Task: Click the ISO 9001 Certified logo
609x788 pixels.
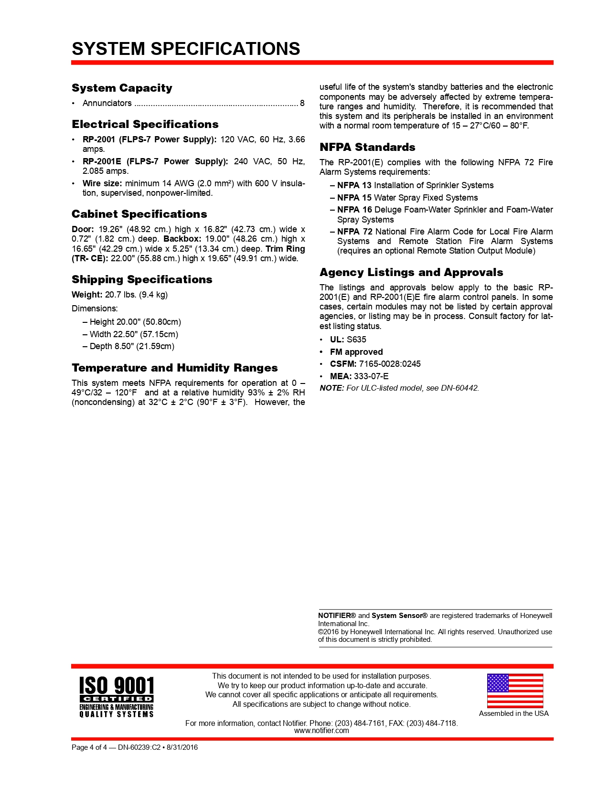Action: [117, 696]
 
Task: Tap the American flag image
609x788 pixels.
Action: [515, 691]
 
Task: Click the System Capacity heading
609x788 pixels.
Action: [122, 88]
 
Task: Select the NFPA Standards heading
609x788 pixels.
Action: [367, 147]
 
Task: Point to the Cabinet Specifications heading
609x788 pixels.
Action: [139, 214]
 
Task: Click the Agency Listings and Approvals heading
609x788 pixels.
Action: [411, 272]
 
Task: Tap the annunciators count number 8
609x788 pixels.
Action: [302, 103]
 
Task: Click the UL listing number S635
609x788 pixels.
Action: [356, 340]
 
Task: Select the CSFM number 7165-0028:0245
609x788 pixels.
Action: [390, 364]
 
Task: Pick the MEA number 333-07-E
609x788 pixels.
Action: [371, 376]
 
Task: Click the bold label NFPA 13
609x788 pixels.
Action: [354, 185]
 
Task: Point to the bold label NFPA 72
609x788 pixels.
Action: [354, 232]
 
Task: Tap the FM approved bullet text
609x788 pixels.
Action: [356, 352]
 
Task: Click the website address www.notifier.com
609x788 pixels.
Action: [321, 731]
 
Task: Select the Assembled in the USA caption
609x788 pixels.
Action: [514, 713]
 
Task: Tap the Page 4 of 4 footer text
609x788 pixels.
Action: [89, 747]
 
